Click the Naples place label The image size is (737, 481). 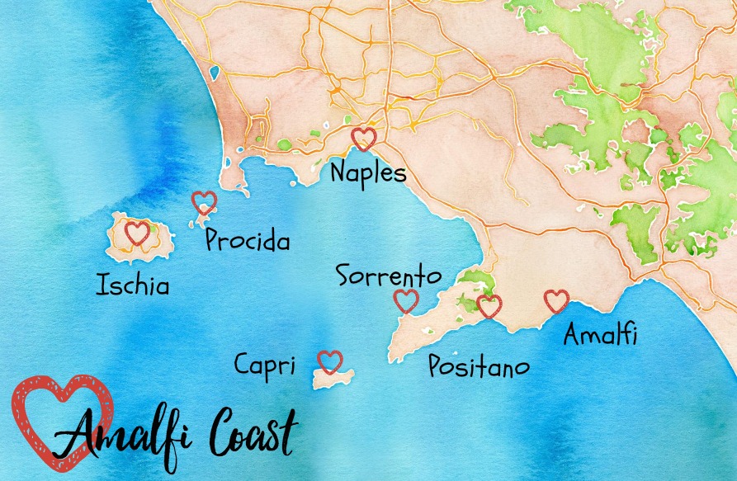tap(368, 173)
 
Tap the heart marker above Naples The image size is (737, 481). tap(363, 138)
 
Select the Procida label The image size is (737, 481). tap(248, 241)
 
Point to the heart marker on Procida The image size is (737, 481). tap(204, 202)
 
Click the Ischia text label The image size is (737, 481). tap(133, 286)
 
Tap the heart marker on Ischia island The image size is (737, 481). tap(137, 233)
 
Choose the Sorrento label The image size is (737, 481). tap(389, 275)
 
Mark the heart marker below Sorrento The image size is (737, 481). tap(406, 301)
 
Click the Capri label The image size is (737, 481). tap(264, 364)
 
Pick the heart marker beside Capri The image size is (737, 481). tap(330, 361)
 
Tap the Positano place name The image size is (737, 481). tap(479, 366)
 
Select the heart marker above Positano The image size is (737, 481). tap(489, 306)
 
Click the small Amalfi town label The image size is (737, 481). tap(601, 334)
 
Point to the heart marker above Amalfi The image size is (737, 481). tap(556, 301)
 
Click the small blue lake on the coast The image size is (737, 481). tap(215, 73)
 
